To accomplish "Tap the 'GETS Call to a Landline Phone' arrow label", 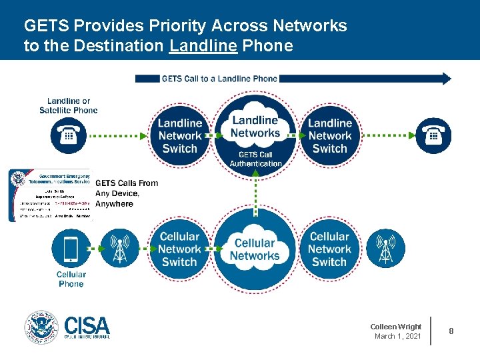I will point(219,79).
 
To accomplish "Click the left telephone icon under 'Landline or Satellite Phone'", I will point(69,135).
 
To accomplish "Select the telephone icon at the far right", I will point(433,135).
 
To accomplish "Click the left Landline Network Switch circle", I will point(180,136).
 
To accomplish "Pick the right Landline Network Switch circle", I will point(330,136).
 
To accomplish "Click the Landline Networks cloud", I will point(255,127).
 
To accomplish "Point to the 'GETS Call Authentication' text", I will point(255,159).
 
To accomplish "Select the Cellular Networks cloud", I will point(255,249).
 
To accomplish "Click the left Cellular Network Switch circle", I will point(179,249).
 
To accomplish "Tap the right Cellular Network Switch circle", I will point(329,249).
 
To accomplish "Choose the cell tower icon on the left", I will point(119,249).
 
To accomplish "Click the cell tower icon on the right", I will point(386,249).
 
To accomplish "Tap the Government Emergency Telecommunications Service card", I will point(49,195).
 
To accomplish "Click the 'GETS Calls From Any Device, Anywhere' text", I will point(126,193).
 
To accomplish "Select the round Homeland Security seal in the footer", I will point(41,327).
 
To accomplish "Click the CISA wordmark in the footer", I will point(87,327).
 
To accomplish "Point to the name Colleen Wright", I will point(396,327).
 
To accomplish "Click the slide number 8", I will point(451,331).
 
